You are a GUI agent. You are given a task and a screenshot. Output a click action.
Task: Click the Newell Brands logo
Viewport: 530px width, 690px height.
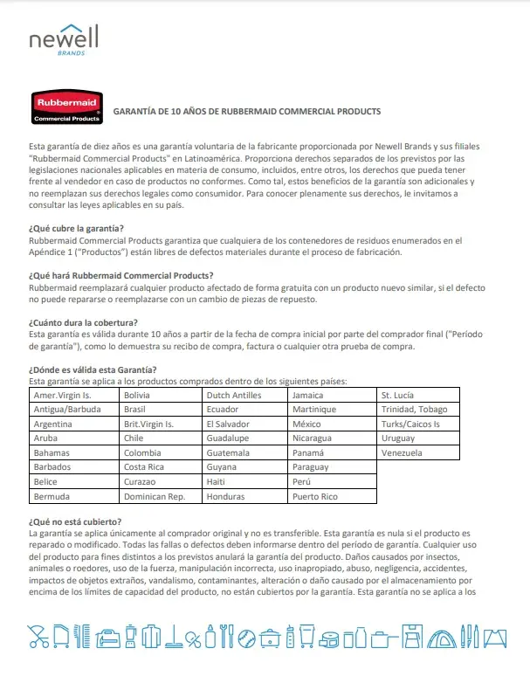(63, 39)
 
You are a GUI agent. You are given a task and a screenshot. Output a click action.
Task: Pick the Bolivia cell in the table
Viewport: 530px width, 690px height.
(138, 395)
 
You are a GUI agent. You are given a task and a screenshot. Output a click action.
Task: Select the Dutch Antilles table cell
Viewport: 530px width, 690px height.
(233, 395)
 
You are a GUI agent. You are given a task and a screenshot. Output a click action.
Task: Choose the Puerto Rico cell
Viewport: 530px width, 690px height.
(316, 496)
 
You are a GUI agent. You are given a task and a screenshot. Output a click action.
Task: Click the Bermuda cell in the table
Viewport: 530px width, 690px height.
(51, 496)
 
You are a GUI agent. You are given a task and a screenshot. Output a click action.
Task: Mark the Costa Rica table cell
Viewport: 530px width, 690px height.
(146, 467)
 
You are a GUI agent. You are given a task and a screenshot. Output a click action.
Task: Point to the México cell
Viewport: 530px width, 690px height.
(308, 424)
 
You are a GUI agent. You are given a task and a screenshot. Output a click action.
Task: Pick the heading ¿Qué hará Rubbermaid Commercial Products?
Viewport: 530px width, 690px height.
(120, 274)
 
